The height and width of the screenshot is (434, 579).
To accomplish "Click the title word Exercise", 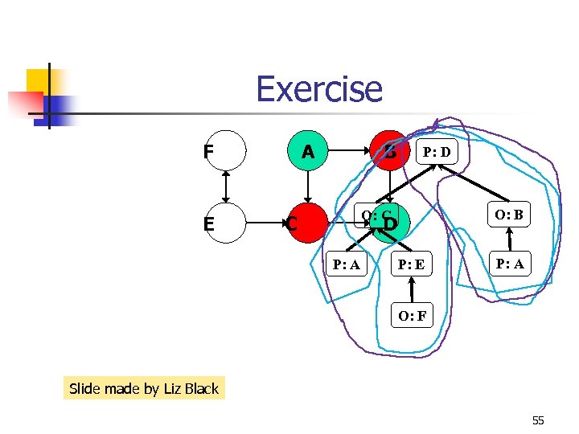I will pos(319,89).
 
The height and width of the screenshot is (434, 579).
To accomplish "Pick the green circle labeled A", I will pos(306,150).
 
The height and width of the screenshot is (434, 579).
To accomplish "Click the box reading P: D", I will pos(437,151).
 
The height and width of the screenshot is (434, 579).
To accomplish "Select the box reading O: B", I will pos(509,215).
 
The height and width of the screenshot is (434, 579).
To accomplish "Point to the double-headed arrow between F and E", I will pos(226,186).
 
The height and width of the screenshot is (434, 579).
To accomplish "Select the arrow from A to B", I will pos(347,150).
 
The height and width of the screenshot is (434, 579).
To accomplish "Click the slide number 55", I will pos(538,420).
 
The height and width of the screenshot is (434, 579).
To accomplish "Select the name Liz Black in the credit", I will pos(191,389).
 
